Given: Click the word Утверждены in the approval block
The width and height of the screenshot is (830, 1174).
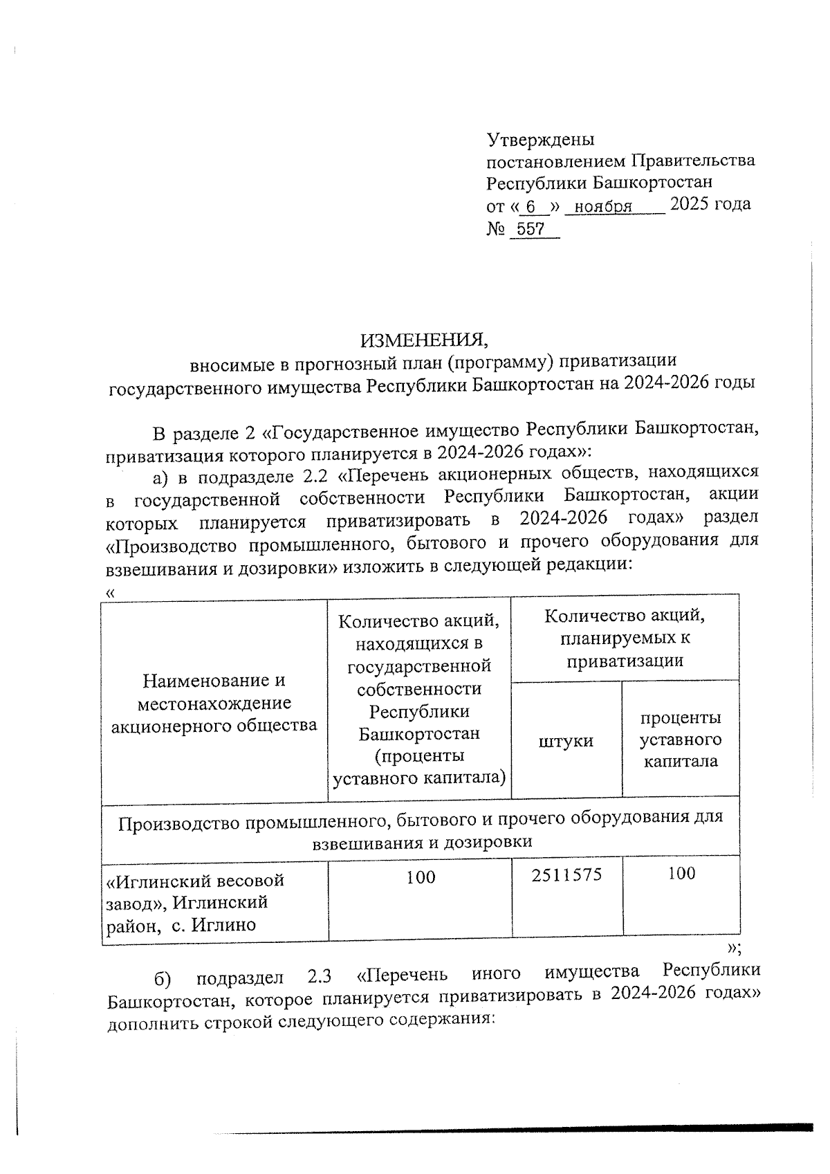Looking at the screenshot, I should click(540, 140).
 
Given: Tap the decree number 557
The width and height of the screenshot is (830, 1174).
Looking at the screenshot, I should click(531, 230).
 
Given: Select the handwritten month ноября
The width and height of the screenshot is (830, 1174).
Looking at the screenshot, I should click(603, 207).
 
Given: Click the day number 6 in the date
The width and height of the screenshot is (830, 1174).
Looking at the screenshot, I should click(531, 207).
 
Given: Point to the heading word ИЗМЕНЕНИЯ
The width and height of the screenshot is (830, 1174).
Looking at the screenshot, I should click(424, 340).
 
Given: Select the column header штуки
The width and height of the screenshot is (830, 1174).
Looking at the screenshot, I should click(566, 741).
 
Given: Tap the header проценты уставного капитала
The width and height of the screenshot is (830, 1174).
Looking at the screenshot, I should click(680, 739).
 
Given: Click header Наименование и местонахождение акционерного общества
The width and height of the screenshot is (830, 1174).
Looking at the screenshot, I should click(214, 703).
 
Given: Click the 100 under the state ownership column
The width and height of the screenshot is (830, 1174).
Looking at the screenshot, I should click(421, 877).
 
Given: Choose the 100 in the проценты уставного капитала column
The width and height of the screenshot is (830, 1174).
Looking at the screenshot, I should click(681, 874).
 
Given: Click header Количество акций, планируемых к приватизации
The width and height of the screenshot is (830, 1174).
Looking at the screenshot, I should click(625, 637).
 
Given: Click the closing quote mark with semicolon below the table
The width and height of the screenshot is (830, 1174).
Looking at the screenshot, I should click(735, 948).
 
